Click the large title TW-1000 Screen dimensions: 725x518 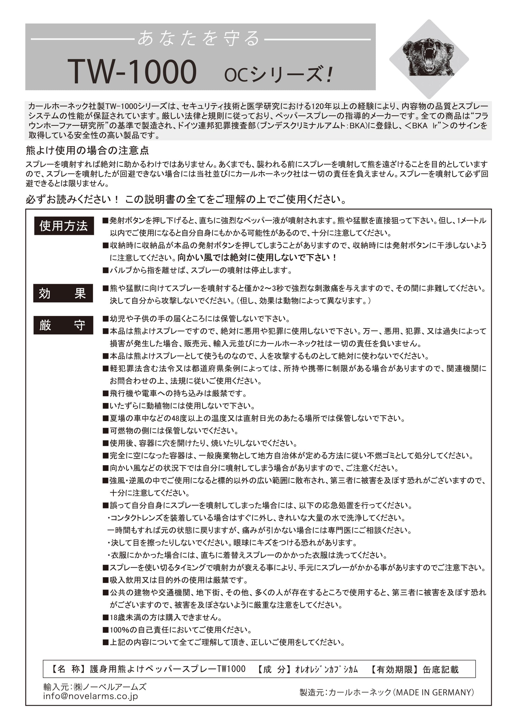pyautogui.click(x=132, y=72)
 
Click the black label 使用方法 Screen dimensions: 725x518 pyautogui.click(x=64, y=226)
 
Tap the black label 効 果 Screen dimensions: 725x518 pyautogui.click(x=63, y=293)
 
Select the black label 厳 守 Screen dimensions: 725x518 pyautogui.click(x=63, y=325)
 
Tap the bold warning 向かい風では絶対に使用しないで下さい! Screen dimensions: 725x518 pyautogui.click(x=257, y=258)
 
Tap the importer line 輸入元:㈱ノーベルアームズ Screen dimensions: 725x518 pyautogui.click(x=95, y=687)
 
